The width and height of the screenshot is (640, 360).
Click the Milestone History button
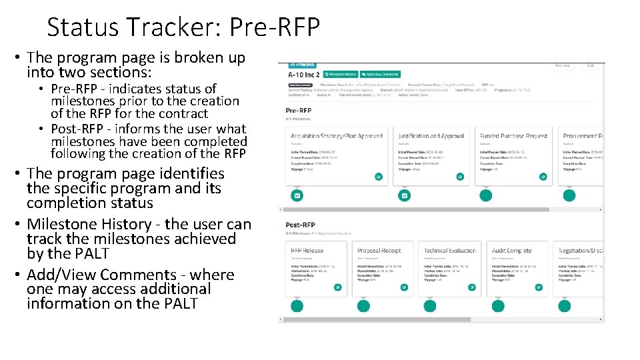pos(342,75)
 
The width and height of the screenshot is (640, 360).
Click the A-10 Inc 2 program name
pos(304,75)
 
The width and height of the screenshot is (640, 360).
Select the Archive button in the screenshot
pos(563,65)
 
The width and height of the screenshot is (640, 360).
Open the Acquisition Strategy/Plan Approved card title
pos(337,136)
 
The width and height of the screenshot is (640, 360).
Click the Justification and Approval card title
pos(431,136)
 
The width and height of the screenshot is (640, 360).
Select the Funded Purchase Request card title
pos(513,136)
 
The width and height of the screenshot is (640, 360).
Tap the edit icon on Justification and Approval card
pos(459,177)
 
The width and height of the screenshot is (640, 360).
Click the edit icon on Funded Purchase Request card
pos(543,177)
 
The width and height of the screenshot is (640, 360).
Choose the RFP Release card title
pos(307,251)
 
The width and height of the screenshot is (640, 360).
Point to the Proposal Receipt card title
pos(379,251)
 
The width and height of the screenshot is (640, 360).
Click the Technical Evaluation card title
pos(450,251)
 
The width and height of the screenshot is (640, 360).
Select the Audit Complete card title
pos(512,251)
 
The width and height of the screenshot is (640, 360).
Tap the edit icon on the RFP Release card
pos(337,287)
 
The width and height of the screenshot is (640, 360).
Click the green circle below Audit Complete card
pos(498,306)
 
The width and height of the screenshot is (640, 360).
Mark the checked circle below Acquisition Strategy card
pos(297,195)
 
